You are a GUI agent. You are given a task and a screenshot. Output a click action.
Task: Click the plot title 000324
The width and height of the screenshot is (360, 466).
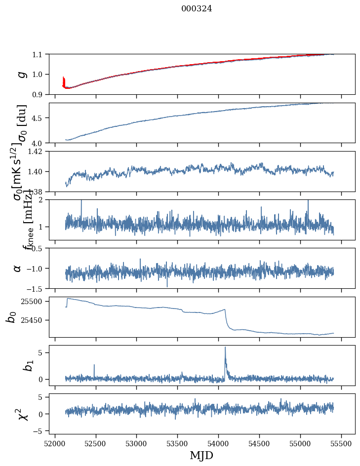[x=197, y=9]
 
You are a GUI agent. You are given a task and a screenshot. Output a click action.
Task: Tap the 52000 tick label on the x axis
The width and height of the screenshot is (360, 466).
[x=55, y=443]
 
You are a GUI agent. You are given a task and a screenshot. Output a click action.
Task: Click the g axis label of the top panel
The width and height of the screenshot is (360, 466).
[x=21, y=74]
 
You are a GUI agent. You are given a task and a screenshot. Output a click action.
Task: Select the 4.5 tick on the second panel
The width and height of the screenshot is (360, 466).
[x=39, y=118]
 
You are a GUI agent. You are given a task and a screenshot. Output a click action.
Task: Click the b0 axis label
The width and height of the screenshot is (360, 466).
[x=11, y=317]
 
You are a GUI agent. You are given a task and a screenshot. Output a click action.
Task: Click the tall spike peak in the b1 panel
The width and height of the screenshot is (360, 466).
[x=225, y=348]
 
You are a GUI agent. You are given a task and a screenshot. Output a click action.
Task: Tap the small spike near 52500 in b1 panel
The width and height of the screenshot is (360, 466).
[x=94, y=365]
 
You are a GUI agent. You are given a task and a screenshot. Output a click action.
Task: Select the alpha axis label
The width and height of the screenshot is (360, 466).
[x=17, y=268]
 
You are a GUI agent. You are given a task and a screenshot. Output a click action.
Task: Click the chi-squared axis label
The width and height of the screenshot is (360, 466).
[x=23, y=414]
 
